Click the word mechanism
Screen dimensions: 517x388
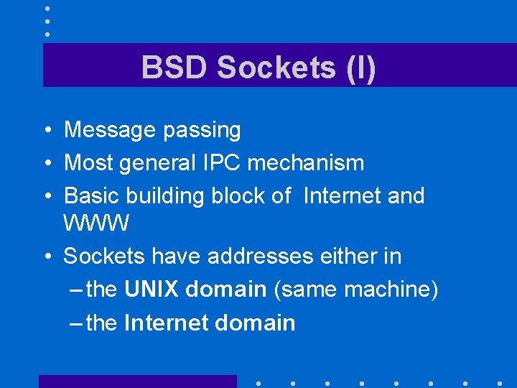(306, 163)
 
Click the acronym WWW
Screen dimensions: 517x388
(96, 223)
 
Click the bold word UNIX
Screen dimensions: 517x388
(152, 289)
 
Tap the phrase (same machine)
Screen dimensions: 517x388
(355, 290)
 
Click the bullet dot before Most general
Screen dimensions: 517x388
(45, 164)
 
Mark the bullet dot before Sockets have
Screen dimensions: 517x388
(45, 257)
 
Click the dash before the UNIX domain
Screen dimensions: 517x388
(78, 290)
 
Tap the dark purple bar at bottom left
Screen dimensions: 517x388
(137, 381)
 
